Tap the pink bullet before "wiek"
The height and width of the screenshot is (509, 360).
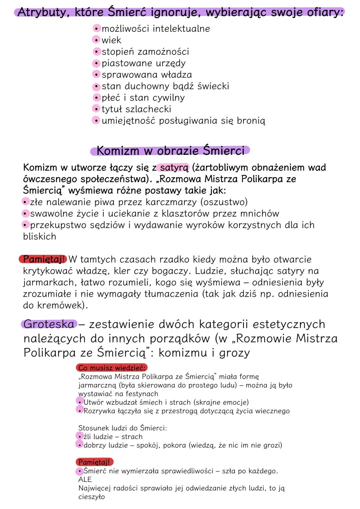(96, 40)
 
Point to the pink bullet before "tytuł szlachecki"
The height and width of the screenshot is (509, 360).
(96, 109)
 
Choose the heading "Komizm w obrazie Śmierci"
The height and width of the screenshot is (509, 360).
(170, 151)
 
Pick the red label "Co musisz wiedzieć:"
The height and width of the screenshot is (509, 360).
(112, 368)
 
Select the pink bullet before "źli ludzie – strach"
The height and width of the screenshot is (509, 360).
(80, 436)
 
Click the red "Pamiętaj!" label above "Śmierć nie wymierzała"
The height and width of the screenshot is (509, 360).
(94, 462)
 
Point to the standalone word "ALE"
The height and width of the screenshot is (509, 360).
(85, 479)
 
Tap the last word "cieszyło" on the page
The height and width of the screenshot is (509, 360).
(92, 497)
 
